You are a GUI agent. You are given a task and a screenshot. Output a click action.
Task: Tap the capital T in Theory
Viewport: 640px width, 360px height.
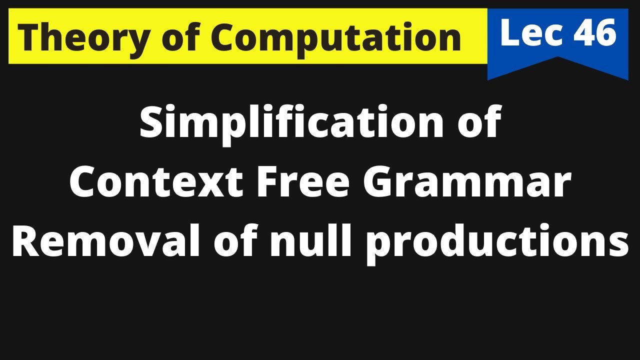click(29, 37)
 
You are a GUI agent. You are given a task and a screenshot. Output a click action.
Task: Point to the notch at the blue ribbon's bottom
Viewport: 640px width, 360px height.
click(558, 59)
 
